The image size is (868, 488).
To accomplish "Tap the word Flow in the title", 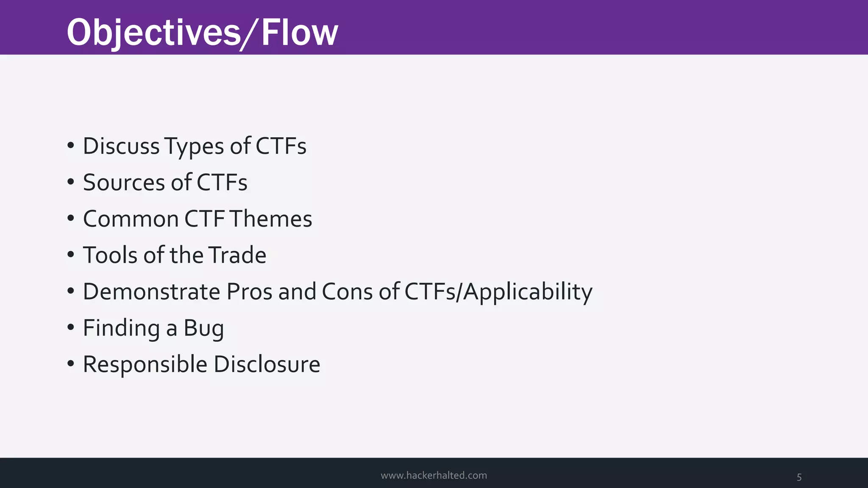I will click(x=300, y=33).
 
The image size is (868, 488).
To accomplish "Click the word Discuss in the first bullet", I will click(x=121, y=146).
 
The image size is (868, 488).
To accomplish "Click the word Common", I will click(x=131, y=219).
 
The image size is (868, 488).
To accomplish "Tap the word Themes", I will click(x=271, y=219).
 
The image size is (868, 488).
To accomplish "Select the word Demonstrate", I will click(x=151, y=291).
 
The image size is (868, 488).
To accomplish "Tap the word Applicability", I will click(x=528, y=292).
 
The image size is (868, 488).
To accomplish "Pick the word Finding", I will click(x=121, y=329).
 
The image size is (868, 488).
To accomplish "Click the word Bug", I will click(x=203, y=329).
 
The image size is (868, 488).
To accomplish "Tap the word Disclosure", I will click(x=267, y=364).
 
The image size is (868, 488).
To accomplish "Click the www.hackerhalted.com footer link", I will click(x=434, y=475).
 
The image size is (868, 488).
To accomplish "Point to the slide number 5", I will click(x=799, y=477).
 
